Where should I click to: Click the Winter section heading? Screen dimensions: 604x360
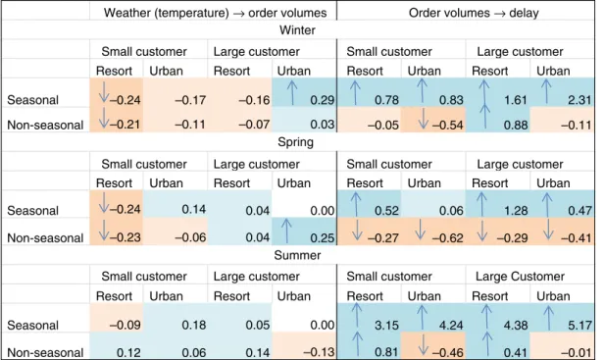click(x=297, y=30)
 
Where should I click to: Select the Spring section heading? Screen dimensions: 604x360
click(x=295, y=142)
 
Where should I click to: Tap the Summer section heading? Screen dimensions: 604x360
click(x=297, y=255)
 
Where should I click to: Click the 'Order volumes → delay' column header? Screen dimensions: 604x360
click(x=474, y=13)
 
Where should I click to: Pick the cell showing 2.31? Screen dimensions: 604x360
click(x=579, y=100)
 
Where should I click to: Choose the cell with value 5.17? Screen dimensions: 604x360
click(x=579, y=325)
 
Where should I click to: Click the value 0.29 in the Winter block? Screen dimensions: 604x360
click(x=323, y=100)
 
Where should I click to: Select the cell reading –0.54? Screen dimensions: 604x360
click(x=447, y=125)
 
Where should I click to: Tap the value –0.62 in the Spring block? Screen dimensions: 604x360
click(x=447, y=237)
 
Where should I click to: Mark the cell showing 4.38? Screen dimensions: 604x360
click(x=515, y=325)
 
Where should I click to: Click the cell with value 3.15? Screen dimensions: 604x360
click(x=386, y=325)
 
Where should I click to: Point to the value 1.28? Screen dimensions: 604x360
click(x=515, y=211)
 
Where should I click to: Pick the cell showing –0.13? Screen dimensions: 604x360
click(x=319, y=352)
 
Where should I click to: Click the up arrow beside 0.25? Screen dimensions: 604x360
click(x=285, y=231)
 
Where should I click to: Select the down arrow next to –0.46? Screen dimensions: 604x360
click(x=423, y=344)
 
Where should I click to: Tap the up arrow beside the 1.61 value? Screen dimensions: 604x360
click(x=483, y=91)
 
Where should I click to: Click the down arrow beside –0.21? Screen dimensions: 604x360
click(x=104, y=118)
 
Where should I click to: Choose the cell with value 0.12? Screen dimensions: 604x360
click(x=128, y=352)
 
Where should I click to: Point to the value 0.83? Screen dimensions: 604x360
click(x=451, y=100)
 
